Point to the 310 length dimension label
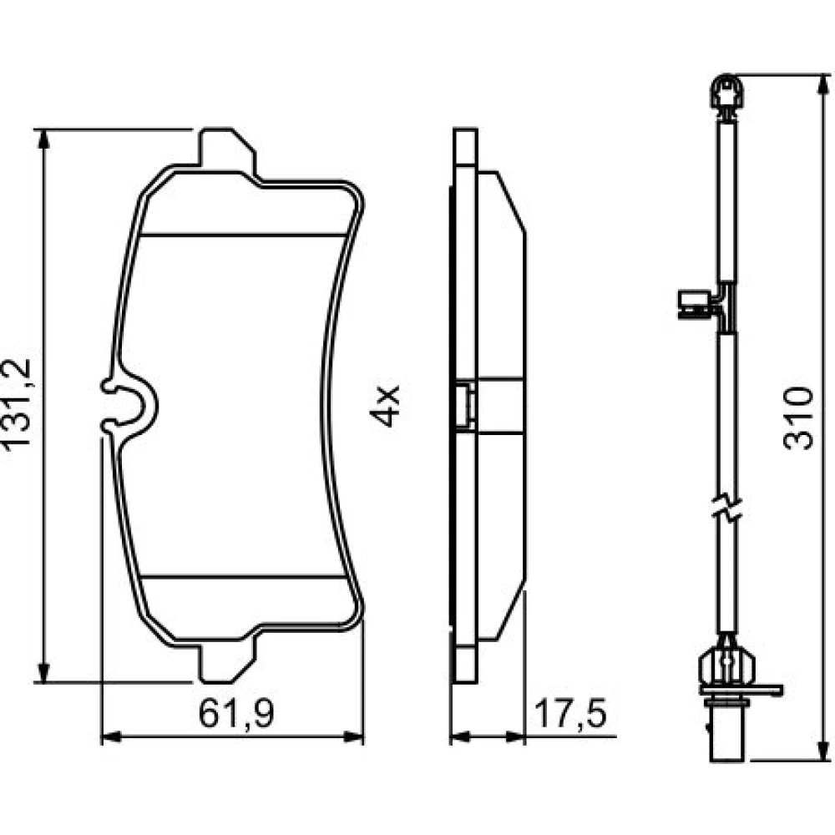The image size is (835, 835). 798,418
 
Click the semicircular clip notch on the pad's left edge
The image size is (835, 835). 130,405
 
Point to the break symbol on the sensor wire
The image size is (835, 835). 727,509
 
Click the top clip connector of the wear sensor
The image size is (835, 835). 726,95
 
